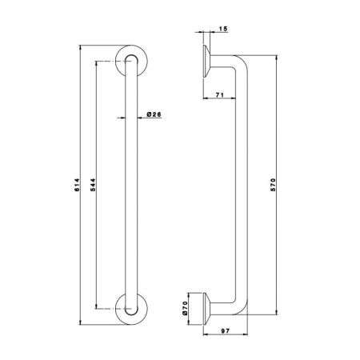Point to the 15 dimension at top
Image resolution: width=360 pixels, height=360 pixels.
222,29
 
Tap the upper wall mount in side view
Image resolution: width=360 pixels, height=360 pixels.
205,61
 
